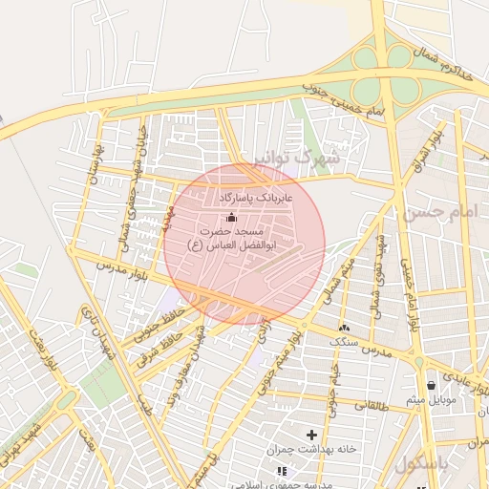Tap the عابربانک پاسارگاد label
(x=256, y=196)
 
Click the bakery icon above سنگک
(x=344, y=328)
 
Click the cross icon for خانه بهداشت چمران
(x=311, y=435)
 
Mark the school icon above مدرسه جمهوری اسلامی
(x=281, y=471)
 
